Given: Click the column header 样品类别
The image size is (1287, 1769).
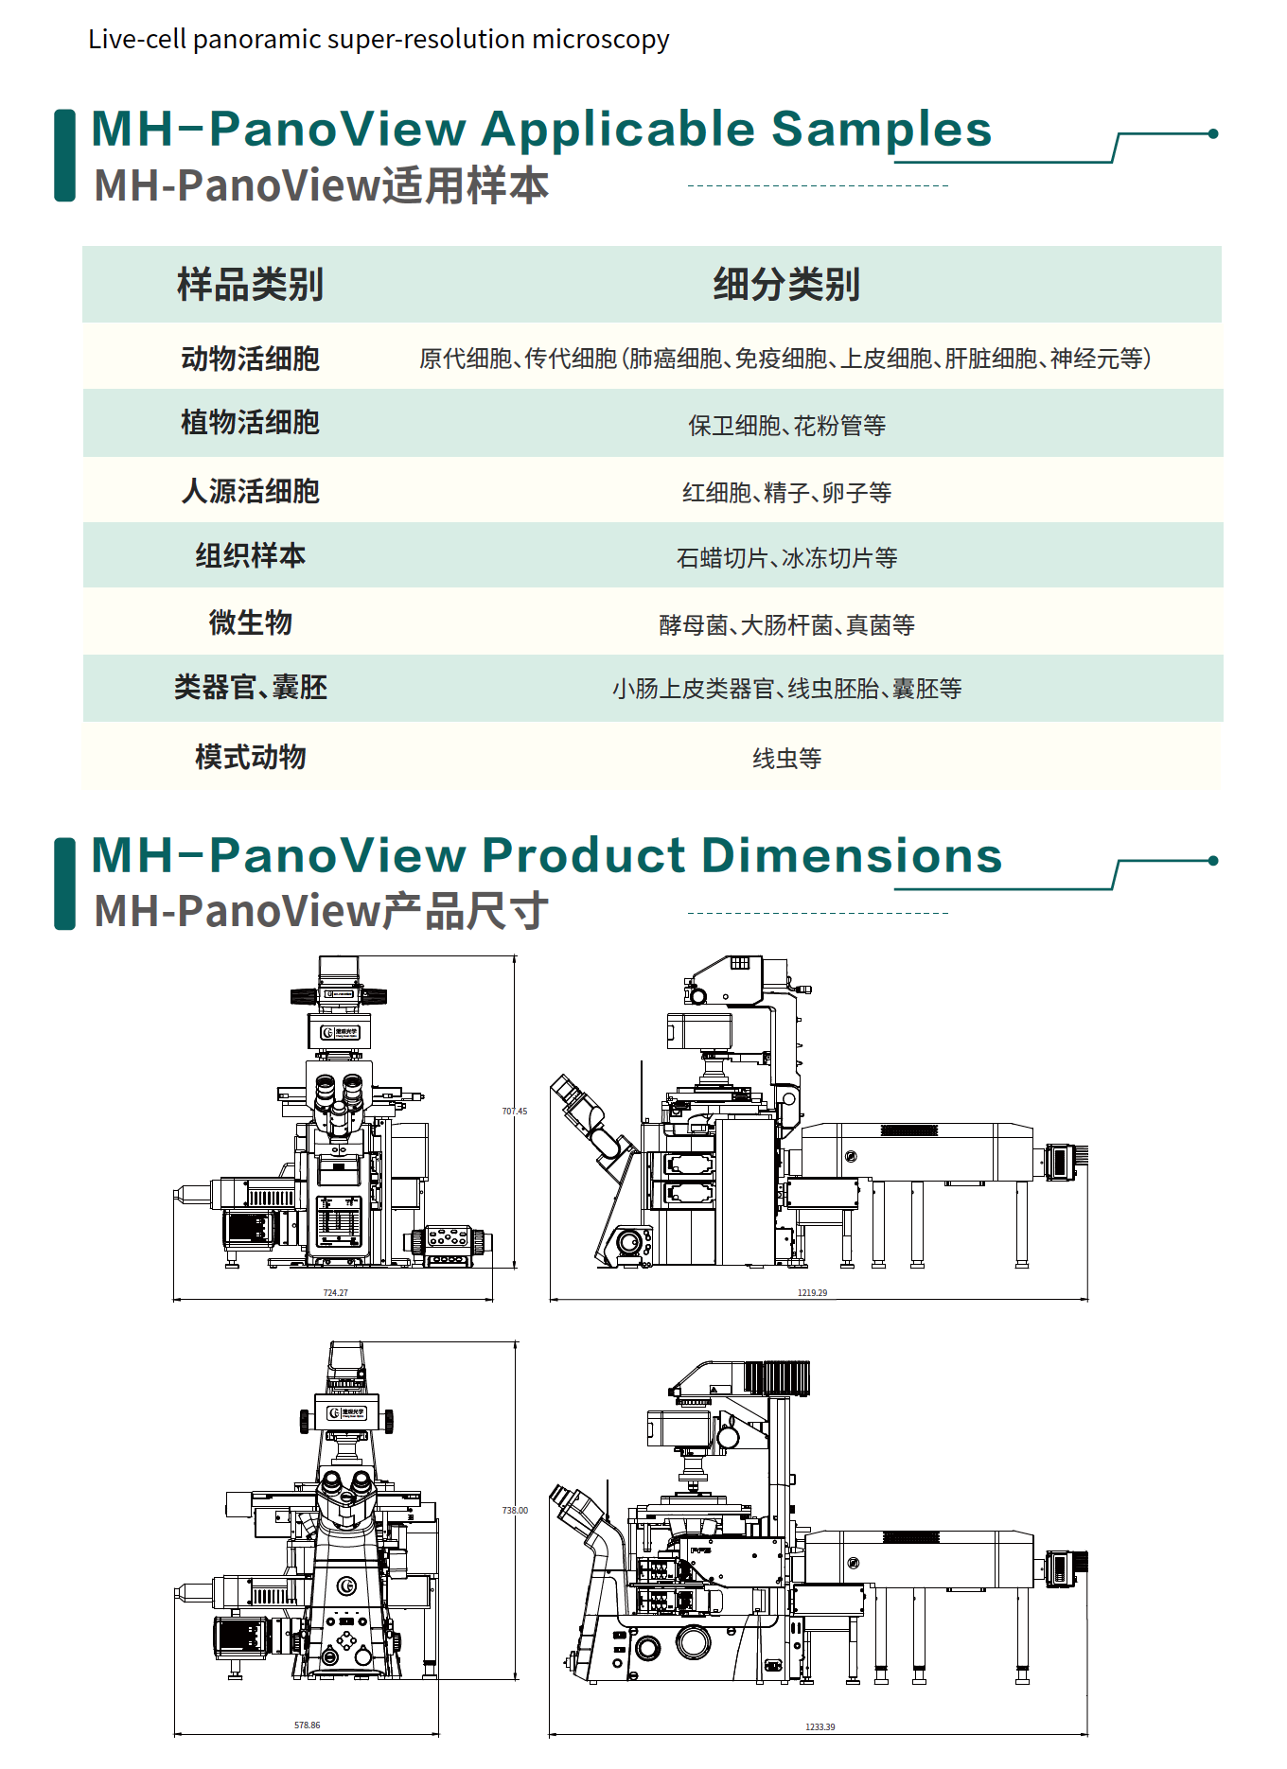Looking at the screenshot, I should (250, 285).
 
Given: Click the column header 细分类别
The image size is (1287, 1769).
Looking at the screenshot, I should (786, 285).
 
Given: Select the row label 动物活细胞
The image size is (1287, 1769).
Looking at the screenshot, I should (250, 359).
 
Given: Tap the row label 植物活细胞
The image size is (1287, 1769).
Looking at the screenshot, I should (250, 422).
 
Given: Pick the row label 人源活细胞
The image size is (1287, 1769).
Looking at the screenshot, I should (250, 491).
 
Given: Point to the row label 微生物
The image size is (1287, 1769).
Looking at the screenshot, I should (250, 622).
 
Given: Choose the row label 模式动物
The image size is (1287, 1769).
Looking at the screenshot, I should (250, 757).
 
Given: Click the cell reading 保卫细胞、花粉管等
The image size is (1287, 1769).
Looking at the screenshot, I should (786, 426).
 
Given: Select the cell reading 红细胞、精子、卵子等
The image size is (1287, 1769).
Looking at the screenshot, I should (786, 493).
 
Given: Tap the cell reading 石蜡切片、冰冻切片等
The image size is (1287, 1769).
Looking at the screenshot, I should (786, 558).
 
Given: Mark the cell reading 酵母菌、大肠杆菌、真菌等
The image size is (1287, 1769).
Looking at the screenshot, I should (786, 625).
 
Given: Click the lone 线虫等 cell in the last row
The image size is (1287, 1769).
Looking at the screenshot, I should (786, 758).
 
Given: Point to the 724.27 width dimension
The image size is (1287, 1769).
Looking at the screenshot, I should (335, 1292).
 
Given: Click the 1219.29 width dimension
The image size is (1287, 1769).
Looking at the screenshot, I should (812, 1292).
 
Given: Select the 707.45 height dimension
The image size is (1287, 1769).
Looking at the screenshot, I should (514, 1112).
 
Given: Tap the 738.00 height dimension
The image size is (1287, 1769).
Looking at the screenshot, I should (515, 1511).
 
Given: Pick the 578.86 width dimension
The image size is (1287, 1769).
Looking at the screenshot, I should (307, 1725).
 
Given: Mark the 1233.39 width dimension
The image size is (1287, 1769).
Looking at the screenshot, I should (820, 1727).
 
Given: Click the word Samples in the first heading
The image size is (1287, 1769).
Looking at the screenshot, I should (881, 130).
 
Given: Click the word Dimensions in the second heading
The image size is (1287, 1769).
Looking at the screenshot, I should (851, 856).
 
